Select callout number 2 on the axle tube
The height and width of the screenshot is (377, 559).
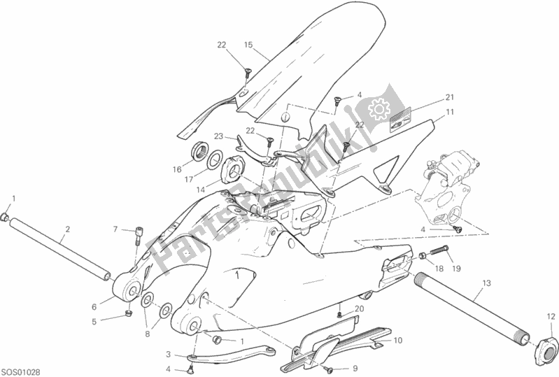(x=67, y=229)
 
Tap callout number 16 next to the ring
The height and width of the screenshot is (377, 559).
(x=177, y=169)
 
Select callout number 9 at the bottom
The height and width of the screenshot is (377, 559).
(x=355, y=368)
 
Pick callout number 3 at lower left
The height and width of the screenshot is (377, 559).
(x=169, y=355)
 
